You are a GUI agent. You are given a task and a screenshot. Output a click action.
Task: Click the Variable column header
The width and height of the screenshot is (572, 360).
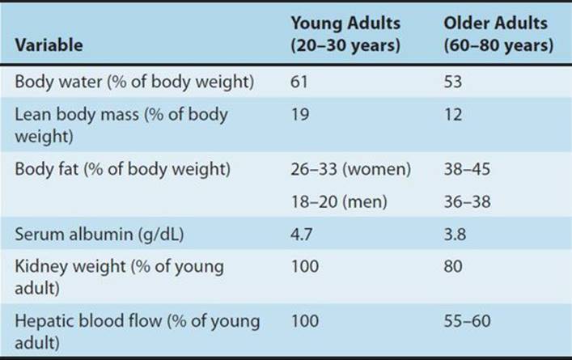[49, 45]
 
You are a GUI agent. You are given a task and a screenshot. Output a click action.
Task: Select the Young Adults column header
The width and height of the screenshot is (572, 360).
[345, 34]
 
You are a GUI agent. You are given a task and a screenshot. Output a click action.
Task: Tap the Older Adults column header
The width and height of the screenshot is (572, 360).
[498, 34]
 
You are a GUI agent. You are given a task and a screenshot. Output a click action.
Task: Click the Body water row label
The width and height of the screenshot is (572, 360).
[134, 82]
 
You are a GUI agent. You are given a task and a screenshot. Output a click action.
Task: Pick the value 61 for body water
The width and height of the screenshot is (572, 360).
[299, 82]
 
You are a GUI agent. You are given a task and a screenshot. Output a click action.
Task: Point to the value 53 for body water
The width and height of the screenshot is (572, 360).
[453, 82]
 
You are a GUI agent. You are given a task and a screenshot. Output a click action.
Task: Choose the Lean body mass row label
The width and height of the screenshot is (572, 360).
[121, 125]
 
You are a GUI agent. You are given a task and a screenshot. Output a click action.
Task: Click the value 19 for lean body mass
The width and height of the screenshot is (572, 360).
[300, 115]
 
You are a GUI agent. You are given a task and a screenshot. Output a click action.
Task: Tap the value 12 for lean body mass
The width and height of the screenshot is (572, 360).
[453, 115]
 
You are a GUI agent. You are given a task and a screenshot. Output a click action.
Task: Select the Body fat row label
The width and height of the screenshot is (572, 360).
[123, 169]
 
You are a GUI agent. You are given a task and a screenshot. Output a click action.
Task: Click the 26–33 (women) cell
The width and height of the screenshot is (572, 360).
[350, 169]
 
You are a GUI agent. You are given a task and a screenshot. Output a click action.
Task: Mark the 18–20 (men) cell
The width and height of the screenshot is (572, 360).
[339, 201]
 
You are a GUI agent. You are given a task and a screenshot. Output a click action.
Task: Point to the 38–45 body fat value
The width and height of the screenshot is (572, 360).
[467, 169]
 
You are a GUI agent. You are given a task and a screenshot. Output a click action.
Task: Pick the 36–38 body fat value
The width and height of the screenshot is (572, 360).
[467, 201]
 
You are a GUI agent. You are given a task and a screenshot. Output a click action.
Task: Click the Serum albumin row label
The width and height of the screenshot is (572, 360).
[100, 234]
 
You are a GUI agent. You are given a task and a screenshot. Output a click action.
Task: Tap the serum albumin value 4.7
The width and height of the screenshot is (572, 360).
[301, 234]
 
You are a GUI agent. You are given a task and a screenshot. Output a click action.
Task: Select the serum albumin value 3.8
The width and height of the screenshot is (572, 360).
[455, 234]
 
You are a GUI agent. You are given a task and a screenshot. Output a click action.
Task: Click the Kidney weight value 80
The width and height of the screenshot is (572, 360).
[453, 266]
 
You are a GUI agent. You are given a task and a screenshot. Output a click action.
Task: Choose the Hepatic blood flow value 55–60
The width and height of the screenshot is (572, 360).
[467, 321]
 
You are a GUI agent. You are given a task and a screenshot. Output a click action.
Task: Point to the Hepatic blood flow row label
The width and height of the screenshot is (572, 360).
[138, 332]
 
